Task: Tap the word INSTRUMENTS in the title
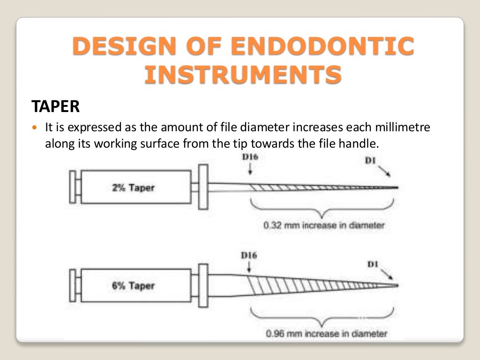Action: [x=242, y=75]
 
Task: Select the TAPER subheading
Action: [x=55, y=106]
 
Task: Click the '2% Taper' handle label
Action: [x=133, y=188]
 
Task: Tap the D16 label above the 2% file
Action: [x=249, y=157]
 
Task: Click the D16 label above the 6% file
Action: [x=249, y=256]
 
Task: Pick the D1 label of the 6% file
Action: [x=373, y=264]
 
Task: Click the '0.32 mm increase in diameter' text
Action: [x=324, y=225]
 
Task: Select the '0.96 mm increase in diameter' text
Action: [x=326, y=334]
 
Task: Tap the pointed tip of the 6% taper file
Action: [x=397, y=285]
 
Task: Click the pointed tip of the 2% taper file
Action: [x=397, y=187]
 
